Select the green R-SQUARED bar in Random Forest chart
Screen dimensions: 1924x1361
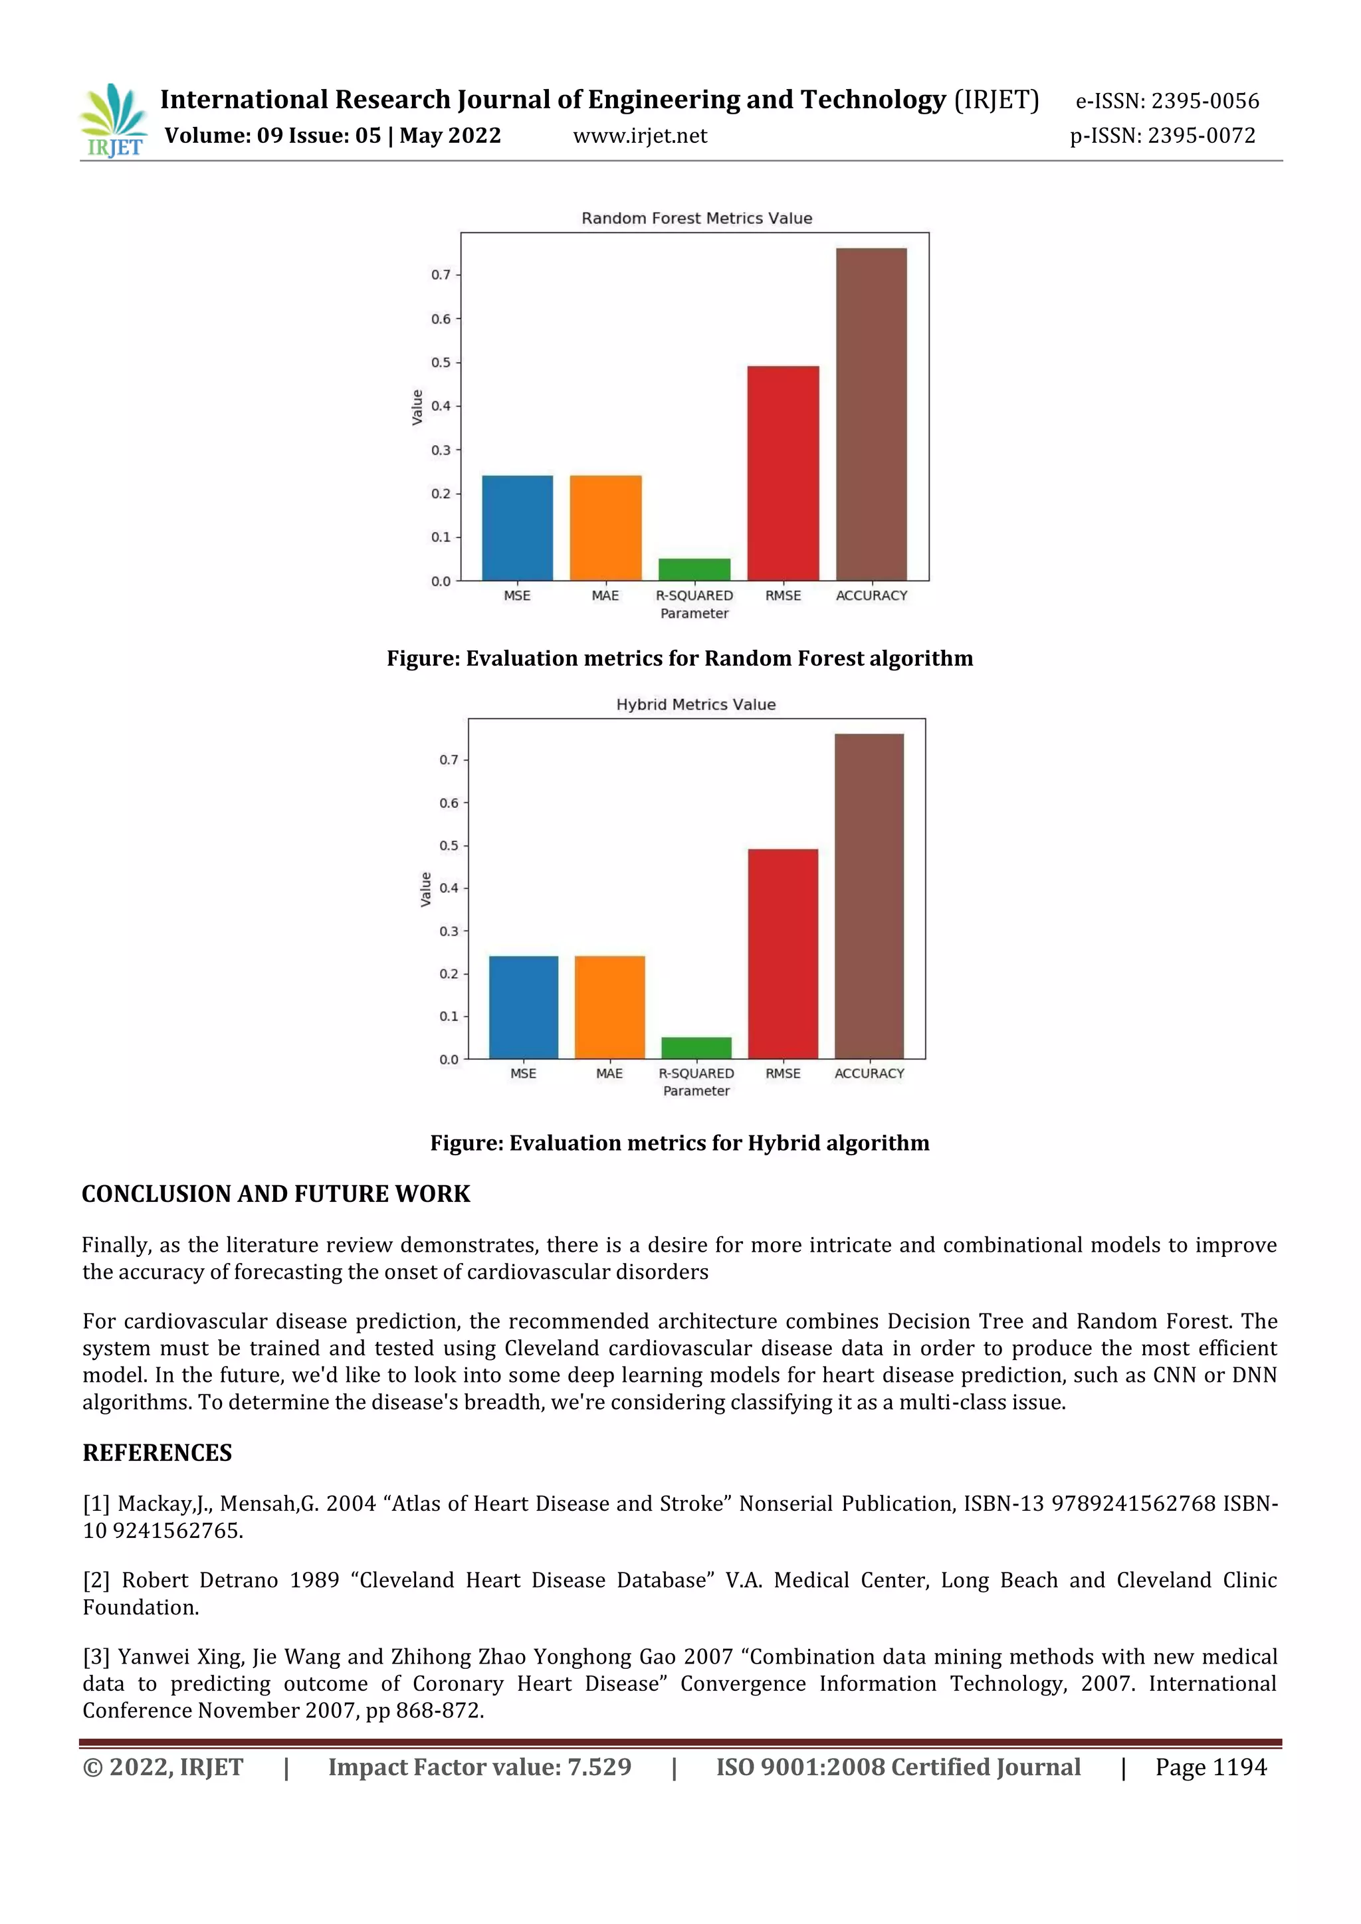(x=694, y=570)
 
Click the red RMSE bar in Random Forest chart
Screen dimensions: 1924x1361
(x=783, y=474)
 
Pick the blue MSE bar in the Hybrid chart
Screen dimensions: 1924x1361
(x=523, y=1007)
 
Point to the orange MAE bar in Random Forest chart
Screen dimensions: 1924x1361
(x=605, y=528)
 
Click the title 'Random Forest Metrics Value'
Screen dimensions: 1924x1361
(x=696, y=218)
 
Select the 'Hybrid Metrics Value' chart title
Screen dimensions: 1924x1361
(x=696, y=705)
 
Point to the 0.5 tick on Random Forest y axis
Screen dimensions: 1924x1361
(x=441, y=363)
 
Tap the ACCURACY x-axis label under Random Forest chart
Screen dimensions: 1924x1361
(x=872, y=596)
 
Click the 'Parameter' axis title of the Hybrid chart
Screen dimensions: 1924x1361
(x=696, y=1091)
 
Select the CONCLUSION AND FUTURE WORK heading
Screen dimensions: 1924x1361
(x=276, y=1194)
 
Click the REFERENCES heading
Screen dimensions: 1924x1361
(x=157, y=1453)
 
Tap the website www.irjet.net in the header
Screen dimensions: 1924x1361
(x=639, y=136)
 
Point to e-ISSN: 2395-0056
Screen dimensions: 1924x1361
(x=1166, y=102)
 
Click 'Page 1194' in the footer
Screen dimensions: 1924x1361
(x=1210, y=1767)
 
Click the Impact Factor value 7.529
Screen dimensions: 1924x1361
(x=599, y=1767)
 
